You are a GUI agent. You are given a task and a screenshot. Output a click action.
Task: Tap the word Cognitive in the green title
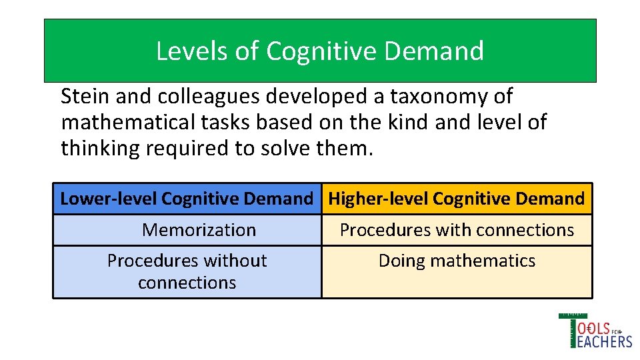pyautogui.click(x=310, y=51)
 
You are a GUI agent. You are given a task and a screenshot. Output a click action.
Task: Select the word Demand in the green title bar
pyautogui.click(x=443, y=51)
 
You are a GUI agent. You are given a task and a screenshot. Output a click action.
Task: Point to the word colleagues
pyautogui.click(x=211, y=97)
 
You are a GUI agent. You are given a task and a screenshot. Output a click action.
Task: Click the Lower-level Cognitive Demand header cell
pyautogui.click(x=187, y=199)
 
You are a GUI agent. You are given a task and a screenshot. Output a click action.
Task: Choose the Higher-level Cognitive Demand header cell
pyautogui.click(x=457, y=199)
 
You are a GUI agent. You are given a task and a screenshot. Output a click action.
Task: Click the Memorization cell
pyautogui.click(x=199, y=230)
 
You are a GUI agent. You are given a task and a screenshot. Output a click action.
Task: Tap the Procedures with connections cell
pyautogui.click(x=457, y=230)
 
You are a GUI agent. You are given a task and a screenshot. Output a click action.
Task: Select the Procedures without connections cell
pyautogui.click(x=187, y=271)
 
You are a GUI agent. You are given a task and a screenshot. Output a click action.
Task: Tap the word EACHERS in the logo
pyautogui.click(x=605, y=341)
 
